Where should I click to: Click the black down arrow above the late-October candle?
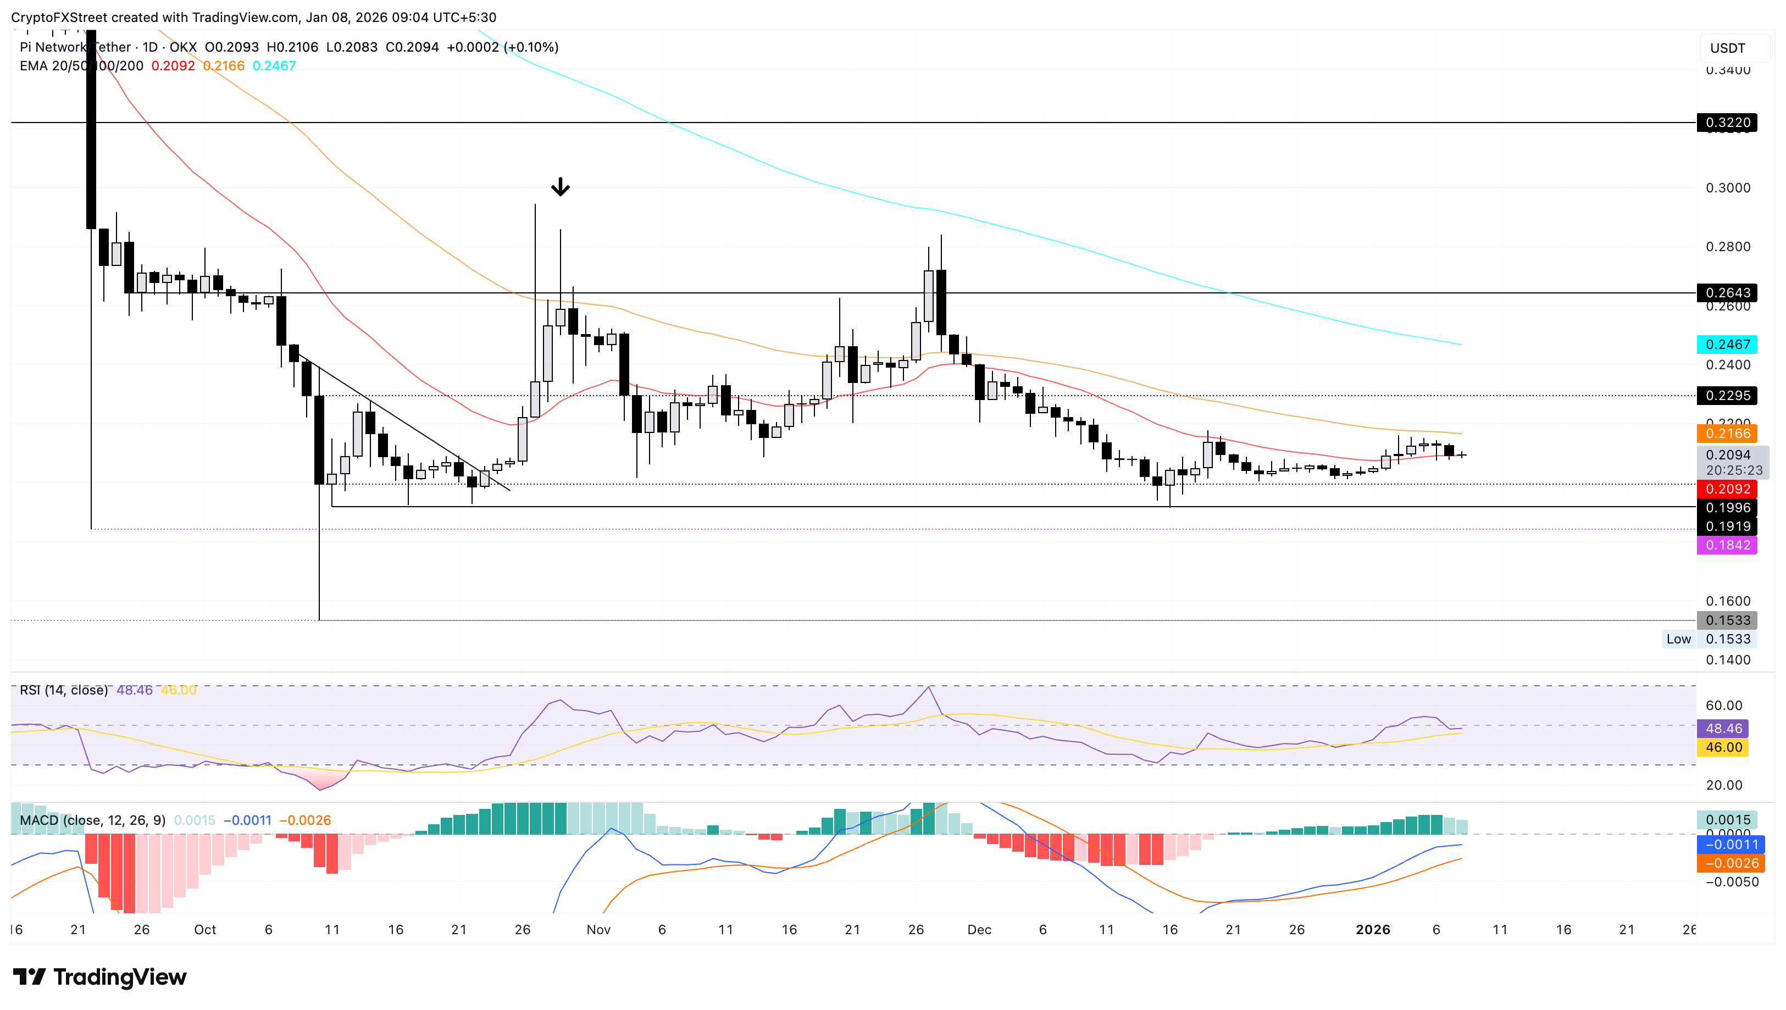(560, 187)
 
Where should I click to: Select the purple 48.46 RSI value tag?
(1723, 728)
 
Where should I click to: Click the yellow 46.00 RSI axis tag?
(1723, 747)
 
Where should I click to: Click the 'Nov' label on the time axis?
(598, 930)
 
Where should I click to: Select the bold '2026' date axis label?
(1373, 930)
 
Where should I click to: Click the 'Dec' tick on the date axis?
(979, 930)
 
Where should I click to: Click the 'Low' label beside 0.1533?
(1678, 639)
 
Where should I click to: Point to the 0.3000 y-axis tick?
(1727, 188)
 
